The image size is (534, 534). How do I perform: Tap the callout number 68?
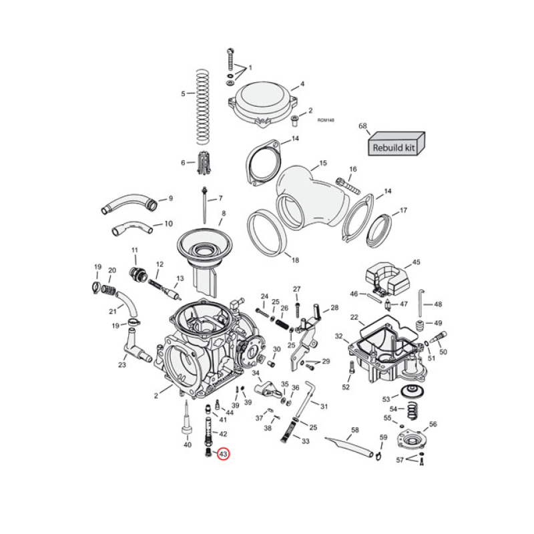coord(363,125)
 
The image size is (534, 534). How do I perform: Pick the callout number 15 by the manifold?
coord(323,163)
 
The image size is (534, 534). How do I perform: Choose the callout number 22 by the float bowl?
coord(354,317)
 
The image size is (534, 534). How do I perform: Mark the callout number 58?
coord(355,430)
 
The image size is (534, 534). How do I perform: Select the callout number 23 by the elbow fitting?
coord(122,364)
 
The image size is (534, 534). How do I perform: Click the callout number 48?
coord(438,304)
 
